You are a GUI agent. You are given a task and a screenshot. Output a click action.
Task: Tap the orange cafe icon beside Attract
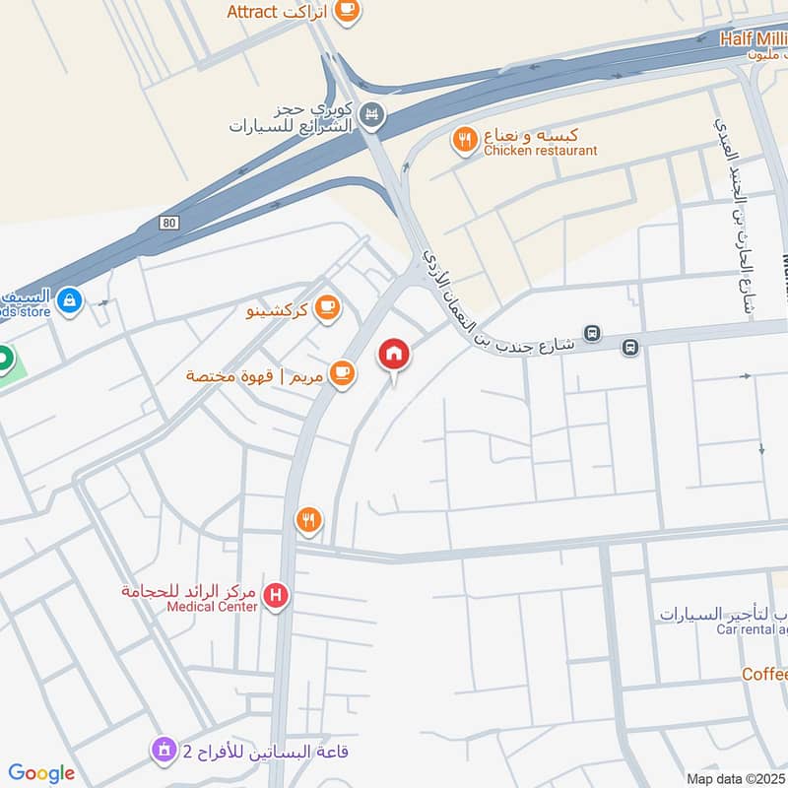point(347,11)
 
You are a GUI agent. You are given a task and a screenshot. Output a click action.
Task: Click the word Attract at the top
point(255,12)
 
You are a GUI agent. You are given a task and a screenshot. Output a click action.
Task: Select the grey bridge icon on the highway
point(370,115)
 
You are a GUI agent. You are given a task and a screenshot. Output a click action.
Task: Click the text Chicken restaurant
point(540,151)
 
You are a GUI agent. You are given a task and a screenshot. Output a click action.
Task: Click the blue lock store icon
point(69,299)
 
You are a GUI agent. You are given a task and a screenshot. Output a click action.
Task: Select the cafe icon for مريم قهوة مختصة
point(342,373)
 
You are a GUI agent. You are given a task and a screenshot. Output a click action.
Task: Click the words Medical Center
point(212,607)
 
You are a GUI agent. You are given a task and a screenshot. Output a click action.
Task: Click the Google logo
point(41,773)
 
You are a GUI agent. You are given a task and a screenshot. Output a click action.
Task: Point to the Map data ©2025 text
point(735,778)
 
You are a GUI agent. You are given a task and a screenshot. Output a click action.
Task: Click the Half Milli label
point(754,38)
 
